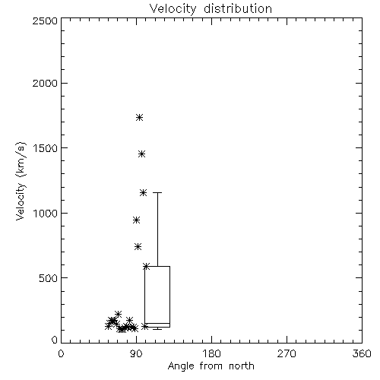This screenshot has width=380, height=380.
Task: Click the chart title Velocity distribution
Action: pyautogui.click(x=211, y=8)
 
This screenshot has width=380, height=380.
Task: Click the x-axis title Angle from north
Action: pyautogui.click(x=211, y=366)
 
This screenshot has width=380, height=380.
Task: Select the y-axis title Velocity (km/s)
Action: pyautogui.click(x=21, y=181)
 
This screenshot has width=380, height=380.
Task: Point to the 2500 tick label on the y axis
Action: pyautogui.click(x=45, y=21)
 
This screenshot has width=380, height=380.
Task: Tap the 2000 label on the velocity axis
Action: pyautogui.click(x=45, y=83)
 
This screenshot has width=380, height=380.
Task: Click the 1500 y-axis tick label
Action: pyautogui.click(x=46, y=148)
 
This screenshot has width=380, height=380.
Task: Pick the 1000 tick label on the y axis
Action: pyautogui.click(x=46, y=213)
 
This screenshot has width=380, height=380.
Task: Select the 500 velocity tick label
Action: pyautogui.click(x=49, y=278)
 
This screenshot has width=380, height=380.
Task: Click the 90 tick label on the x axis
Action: pyautogui.click(x=136, y=353)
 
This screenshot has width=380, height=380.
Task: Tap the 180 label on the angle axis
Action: pyautogui.click(x=211, y=353)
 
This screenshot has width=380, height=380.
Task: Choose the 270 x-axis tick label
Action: pyautogui.click(x=287, y=353)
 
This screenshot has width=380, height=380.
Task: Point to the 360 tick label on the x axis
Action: pyautogui.click(x=362, y=353)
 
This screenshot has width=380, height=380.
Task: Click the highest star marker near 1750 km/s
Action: pyautogui.click(x=139, y=117)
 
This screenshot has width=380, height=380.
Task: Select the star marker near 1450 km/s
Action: pyautogui.click(x=142, y=154)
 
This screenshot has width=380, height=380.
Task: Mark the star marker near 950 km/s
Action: pyautogui.click(x=137, y=220)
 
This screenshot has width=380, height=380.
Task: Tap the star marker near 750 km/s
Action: pyautogui.click(x=138, y=246)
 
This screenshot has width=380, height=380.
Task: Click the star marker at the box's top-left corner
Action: pyautogui.click(x=146, y=266)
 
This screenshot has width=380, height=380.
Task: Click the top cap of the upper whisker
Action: pyautogui.click(x=157, y=193)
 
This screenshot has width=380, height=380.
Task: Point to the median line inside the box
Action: pyautogui.click(x=157, y=323)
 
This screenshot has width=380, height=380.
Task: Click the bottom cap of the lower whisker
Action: pyautogui.click(x=157, y=329)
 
